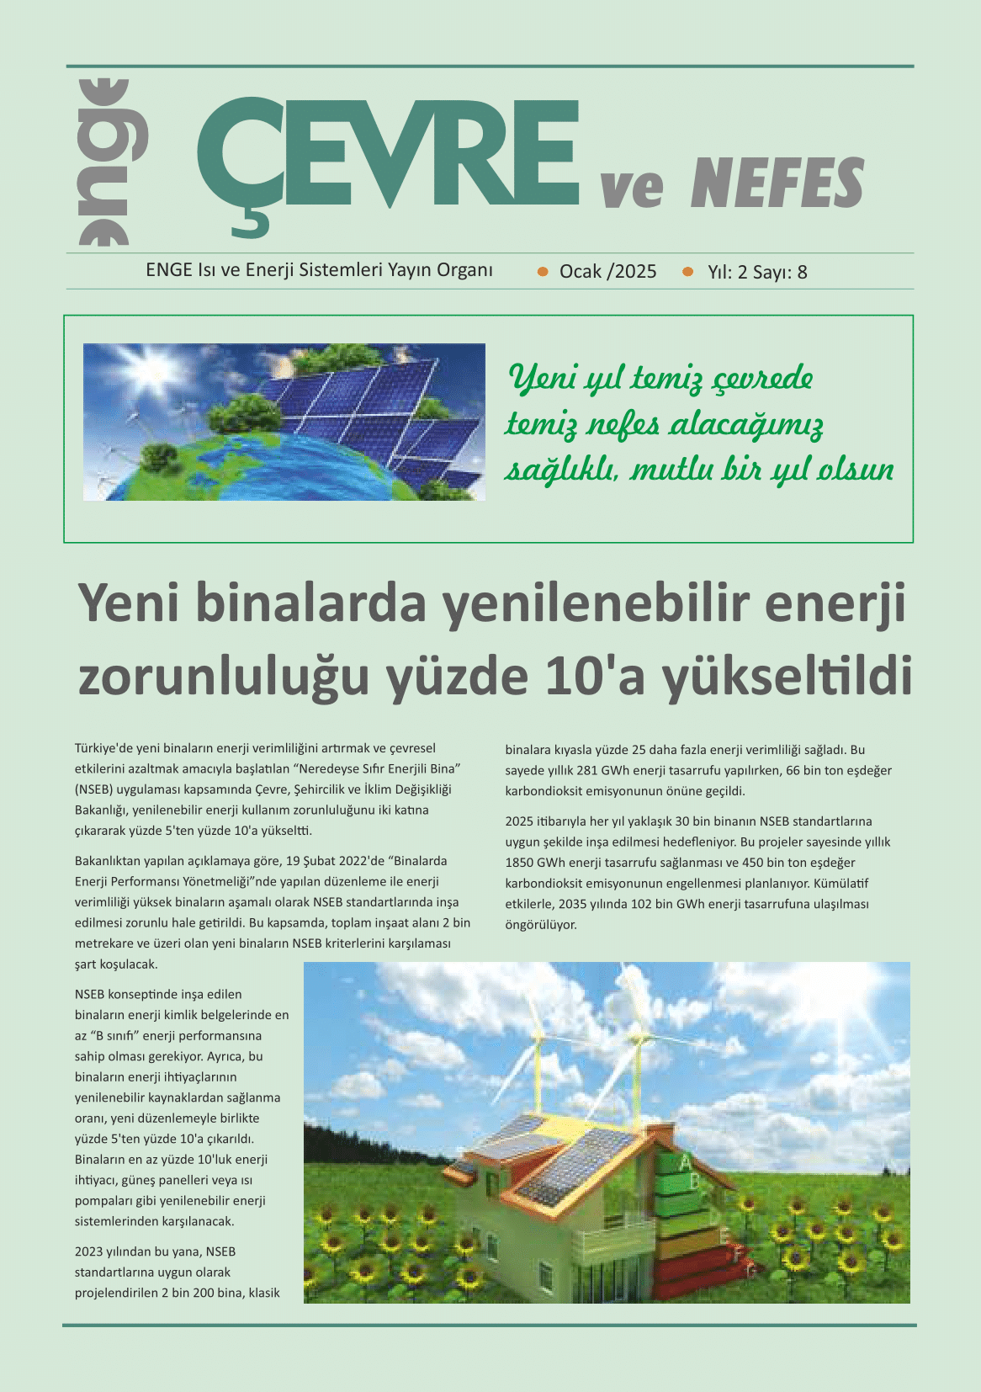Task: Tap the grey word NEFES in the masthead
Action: [777, 183]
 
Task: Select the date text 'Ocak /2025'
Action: [607, 271]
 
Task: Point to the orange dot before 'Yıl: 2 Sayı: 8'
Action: [688, 271]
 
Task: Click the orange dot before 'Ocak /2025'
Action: [543, 271]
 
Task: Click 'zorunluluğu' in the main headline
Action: [224, 677]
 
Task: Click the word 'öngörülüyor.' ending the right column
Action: [541, 924]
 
